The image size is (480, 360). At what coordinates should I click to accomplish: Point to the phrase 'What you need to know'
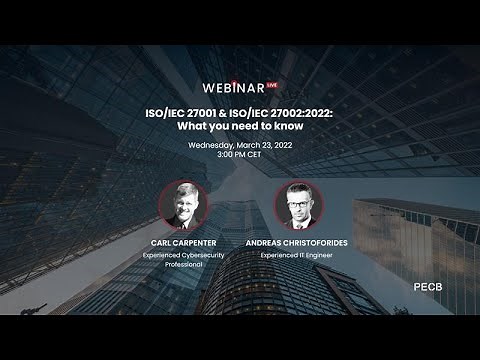point(240,128)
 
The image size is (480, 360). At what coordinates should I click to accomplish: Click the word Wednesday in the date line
point(212,147)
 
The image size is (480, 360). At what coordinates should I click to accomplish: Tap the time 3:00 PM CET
point(240,159)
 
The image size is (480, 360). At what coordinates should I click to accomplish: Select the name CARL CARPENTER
point(183,242)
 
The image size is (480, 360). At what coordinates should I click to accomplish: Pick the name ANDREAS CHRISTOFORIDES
point(297,242)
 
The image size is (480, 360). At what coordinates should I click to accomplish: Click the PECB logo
point(428,286)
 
